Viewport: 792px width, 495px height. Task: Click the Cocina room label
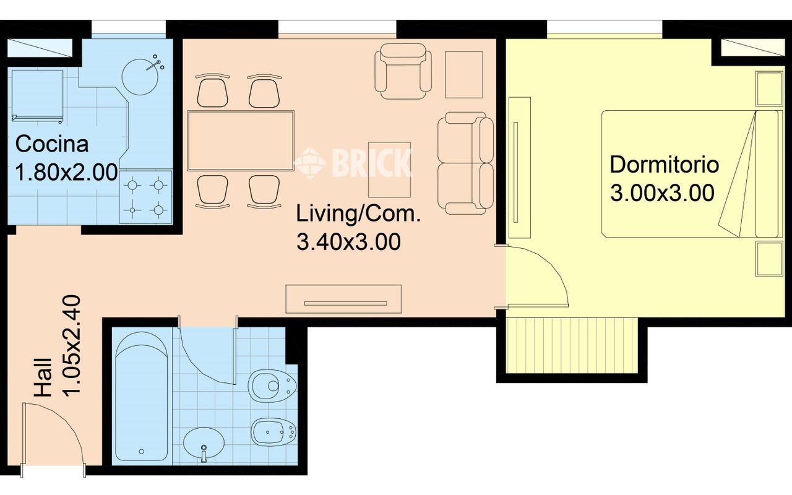[x=52, y=144]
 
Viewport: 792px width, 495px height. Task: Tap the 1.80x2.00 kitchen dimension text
[x=66, y=173]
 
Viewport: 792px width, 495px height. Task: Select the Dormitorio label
[x=664, y=165]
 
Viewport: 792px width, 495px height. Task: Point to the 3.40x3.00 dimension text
[x=348, y=242]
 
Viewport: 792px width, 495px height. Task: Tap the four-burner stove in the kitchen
[x=145, y=197]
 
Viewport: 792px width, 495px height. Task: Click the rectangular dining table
[x=241, y=140]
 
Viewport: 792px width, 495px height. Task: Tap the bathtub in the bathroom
[x=142, y=396]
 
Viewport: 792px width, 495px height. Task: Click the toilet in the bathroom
[x=272, y=387]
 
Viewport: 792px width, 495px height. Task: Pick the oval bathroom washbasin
[x=204, y=442]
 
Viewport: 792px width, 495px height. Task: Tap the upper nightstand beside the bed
[x=768, y=89]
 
